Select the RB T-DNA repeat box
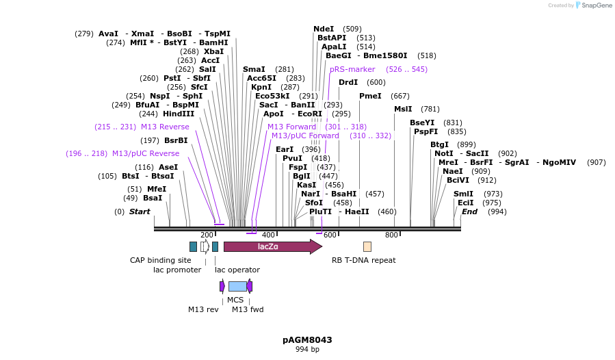[367, 246]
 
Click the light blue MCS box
[237, 286]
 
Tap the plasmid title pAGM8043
[307, 339]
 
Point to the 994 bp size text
[307, 349]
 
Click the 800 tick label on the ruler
[391, 235]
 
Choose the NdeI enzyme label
[324, 29]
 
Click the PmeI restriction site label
[370, 96]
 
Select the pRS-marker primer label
[352, 69]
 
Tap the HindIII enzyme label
[178, 114]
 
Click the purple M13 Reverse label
[165, 127]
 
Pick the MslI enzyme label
[403, 109]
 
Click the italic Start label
[140, 211]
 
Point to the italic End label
[469, 211]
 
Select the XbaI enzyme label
[213, 51]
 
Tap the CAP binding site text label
[161, 260]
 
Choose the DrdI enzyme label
[348, 82]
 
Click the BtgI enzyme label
[439, 144]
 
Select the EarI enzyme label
[285, 149]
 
